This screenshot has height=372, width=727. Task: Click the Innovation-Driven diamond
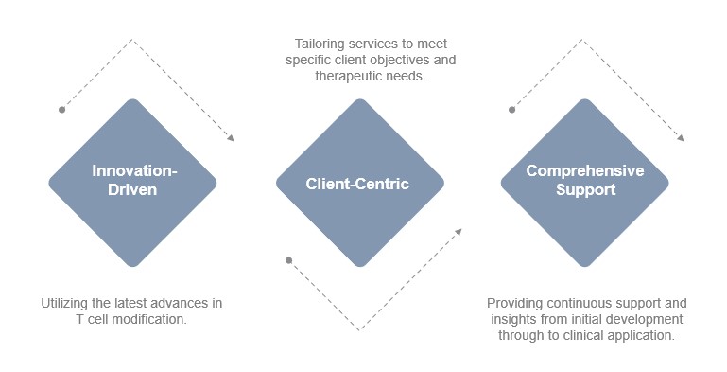tap(132, 182)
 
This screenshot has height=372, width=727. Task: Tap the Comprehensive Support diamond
tap(584, 182)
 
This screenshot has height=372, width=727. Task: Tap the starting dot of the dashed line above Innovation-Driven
tap(62, 110)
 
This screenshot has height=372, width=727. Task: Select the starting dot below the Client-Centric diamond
tap(288, 259)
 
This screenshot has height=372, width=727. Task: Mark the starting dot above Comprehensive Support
tap(512, 110)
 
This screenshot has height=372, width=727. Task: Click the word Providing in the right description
tap(513, 303)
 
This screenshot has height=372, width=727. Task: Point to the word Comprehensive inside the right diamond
tap(584, 171)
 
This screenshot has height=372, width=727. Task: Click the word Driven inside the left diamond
tap(132, 190)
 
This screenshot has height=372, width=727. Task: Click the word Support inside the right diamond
tap(584, 190)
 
